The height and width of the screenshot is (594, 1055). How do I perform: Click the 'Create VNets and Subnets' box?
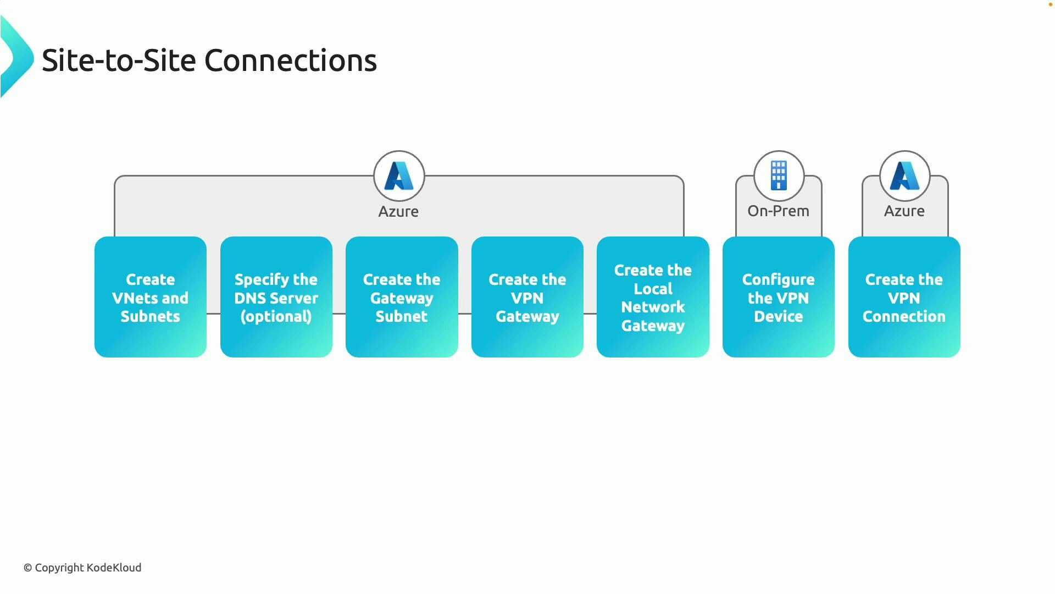tap(150, 298)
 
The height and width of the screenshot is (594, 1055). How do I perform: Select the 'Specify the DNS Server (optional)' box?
tap(276, 298)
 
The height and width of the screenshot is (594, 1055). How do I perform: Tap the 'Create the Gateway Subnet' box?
tap(402, 298)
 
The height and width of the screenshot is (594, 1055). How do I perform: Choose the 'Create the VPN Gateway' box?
tap(527, 298)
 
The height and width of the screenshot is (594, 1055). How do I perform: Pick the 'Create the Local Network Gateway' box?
tap(653, 298)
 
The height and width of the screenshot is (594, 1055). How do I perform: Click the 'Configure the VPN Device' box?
tap(778, 298)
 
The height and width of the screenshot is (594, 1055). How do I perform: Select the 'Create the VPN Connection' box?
tap(904, 298)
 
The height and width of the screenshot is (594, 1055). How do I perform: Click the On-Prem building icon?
tap(779, 175)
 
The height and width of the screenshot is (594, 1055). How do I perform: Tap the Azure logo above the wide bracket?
tap(399, 175)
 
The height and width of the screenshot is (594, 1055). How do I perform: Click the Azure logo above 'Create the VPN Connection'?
tap(904, 175)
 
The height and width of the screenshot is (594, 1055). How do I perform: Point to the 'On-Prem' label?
tap(778, 211)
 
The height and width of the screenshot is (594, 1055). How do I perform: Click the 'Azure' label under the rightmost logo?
tap(904, 211)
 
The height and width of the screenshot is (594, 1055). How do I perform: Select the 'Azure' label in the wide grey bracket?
tap(398, 212)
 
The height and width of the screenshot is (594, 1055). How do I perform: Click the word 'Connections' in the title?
tap(290, 61)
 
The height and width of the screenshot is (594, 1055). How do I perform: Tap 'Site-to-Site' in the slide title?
tap(119, 61)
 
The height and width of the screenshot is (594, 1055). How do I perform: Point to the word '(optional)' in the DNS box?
tap(276, 317)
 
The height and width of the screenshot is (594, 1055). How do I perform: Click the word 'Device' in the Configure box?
tap(778, 317)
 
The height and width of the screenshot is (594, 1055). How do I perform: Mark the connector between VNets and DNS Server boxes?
tap(213, 313)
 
